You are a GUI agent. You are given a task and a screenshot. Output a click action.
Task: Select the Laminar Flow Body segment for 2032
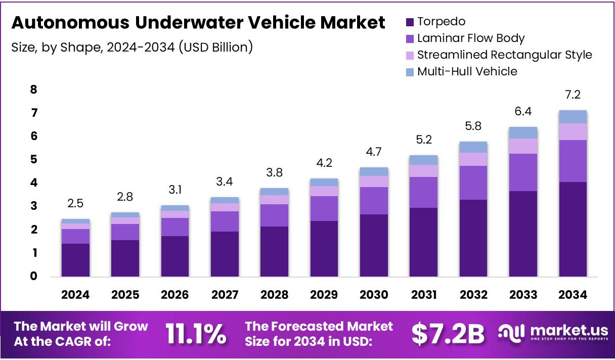coord(473,183)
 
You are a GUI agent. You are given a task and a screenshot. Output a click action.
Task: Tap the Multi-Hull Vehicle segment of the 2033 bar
coord(523,132)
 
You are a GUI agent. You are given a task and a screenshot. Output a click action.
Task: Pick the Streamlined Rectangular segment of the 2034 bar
coord(573,131)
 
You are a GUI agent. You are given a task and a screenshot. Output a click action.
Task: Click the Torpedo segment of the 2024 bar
coord(75,260)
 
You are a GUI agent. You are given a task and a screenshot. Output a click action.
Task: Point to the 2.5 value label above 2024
coord(75,203)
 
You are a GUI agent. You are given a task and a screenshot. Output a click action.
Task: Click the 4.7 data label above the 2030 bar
coord(374,152)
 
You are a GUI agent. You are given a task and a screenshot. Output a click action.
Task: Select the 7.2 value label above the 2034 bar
coord(573,95)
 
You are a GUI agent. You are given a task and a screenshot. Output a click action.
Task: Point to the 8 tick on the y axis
coord(33,90)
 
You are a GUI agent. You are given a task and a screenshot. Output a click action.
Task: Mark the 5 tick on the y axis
coord(33,160)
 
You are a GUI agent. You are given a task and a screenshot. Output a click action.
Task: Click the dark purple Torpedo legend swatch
coord(410,22)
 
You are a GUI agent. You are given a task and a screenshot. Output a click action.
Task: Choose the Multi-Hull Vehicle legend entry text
coord(467,71)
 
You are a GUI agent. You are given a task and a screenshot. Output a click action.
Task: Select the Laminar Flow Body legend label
coord(470,38)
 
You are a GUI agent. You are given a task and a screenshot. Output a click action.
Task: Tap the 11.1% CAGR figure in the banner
coord(196,334)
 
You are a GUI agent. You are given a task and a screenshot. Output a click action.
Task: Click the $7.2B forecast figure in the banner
coord(448,334)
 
